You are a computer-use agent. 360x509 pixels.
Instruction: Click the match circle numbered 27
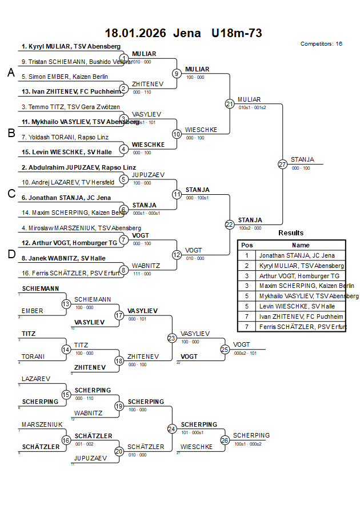(282, 165)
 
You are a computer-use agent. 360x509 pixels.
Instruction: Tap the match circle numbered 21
(230, 104)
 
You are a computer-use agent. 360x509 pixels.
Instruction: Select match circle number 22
(230, 225)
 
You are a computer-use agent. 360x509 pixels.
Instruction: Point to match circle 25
(225, 349)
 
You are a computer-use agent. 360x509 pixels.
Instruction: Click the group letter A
(10, 73)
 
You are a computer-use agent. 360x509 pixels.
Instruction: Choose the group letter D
(10, 254)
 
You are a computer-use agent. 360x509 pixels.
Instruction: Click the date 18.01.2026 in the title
(135, 33)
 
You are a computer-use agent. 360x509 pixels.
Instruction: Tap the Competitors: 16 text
(321, 44)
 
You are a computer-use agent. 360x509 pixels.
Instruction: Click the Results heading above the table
(291, 233)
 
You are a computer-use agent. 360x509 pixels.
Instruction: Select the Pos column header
(247, 245)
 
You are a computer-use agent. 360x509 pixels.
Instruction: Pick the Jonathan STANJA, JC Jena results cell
(297, 255)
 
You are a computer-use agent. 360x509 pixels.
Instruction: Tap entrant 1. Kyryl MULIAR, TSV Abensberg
(71, 46)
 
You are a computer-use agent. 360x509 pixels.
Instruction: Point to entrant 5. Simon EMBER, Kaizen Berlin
(65, 76)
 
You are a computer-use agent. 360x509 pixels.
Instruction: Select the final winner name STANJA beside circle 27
(302, 159)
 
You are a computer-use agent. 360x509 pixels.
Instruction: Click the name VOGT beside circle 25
(242, 344)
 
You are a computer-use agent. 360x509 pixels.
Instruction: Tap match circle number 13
(66, 304)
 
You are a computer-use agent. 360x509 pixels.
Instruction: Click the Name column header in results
(301, 245)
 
